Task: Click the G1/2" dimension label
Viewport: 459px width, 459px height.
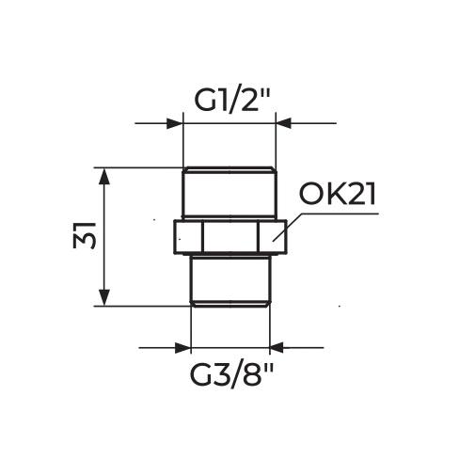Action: tap(230, 99)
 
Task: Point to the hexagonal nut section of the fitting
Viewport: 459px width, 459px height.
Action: tap(229, 237)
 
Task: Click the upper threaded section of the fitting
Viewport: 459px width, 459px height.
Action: tap(229, 194)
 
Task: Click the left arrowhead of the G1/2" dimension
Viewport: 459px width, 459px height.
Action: tap(175, 122)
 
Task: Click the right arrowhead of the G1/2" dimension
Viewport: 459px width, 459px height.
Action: tap(283, 122)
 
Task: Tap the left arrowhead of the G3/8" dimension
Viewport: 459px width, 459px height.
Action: tap(182, 348)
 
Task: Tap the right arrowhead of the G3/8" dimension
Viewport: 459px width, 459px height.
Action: tap(277, 348)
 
